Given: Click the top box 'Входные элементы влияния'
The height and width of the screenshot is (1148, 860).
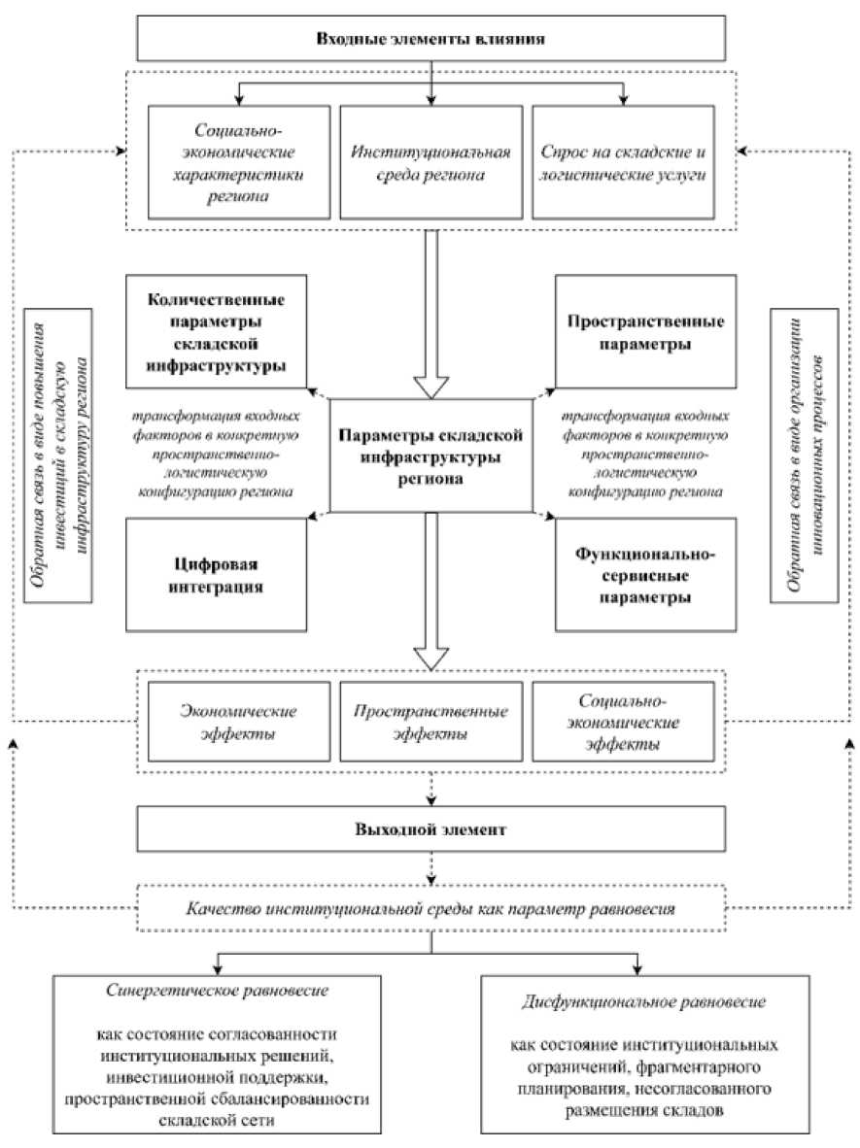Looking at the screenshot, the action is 430,38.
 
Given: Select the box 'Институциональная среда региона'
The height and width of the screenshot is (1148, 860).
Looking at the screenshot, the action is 430,162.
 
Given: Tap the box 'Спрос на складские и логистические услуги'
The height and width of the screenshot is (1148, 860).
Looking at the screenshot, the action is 624,162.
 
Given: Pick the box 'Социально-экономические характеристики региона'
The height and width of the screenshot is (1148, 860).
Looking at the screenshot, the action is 239,162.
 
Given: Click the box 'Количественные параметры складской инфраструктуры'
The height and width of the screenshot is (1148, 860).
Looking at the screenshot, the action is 216,331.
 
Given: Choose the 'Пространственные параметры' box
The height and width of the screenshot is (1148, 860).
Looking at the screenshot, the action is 645,331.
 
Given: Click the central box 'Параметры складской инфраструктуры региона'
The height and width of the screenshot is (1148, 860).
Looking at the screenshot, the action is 430,456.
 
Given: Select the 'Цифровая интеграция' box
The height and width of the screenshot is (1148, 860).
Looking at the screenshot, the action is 216,575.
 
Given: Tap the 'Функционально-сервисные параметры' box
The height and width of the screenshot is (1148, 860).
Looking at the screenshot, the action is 645,575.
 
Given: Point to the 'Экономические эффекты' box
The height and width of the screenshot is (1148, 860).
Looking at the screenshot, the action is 239,722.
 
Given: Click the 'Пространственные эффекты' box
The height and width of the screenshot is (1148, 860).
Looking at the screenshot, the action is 430,722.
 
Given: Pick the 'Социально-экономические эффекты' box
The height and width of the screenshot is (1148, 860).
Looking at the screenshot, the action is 624,722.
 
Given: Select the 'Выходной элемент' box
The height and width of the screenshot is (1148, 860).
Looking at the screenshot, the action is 430,828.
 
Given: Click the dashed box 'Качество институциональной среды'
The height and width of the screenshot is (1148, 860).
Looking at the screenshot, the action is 430,908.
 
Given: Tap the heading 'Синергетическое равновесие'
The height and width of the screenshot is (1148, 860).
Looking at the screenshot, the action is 217,991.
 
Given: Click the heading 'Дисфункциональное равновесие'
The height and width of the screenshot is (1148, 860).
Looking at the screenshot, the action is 644,1001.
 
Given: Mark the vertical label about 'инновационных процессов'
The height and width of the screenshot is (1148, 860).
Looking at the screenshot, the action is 805,456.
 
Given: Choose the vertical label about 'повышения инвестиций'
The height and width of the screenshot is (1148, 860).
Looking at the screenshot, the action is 58,456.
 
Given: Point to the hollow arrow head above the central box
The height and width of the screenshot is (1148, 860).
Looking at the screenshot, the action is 431,387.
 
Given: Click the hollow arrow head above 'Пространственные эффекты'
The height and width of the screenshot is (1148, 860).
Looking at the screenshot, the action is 431,658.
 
